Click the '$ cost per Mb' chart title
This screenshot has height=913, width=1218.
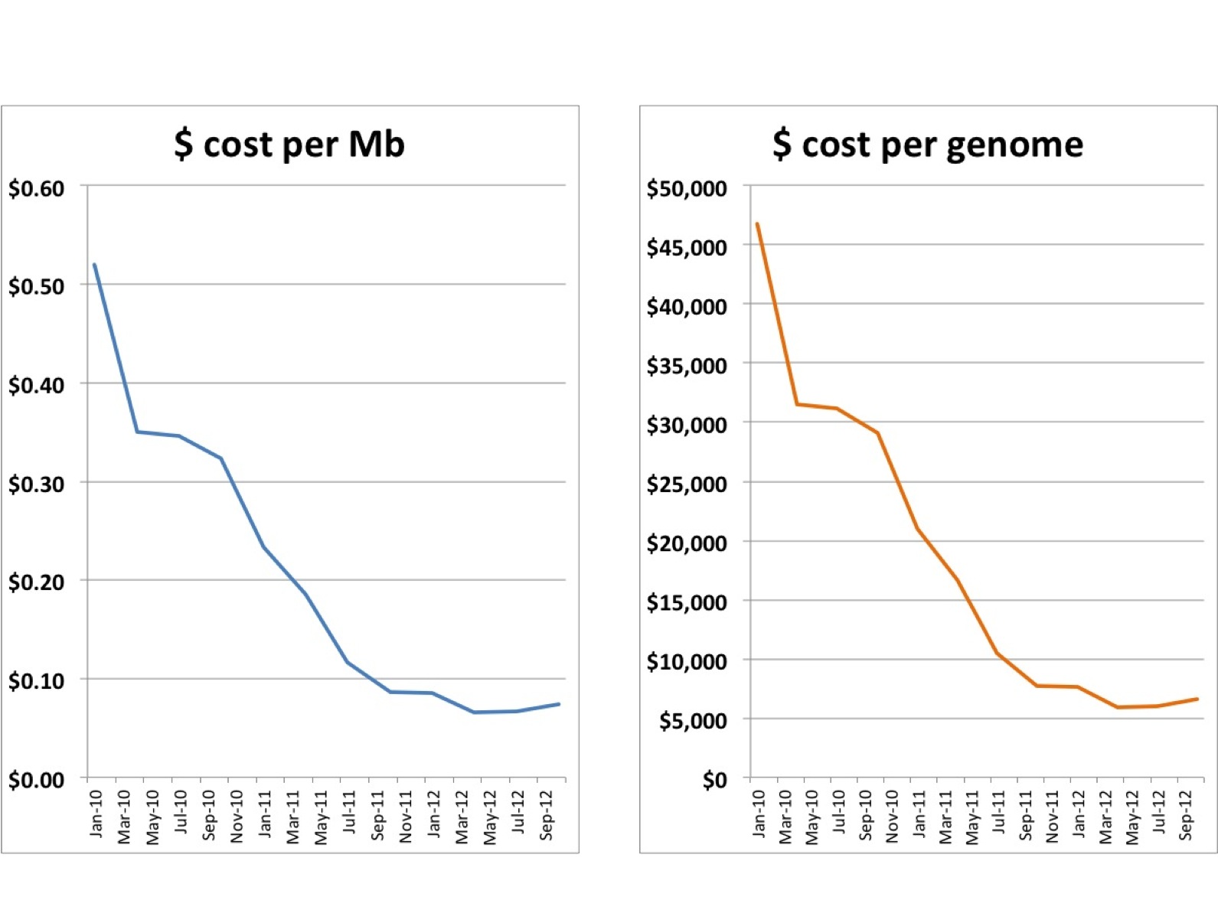point(289,144)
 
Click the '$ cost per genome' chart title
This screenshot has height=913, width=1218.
point(928,144)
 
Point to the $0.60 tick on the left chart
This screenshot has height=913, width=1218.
point(36,188)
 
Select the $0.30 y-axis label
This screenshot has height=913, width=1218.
point(36,484)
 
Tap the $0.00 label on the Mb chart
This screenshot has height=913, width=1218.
point(36,780)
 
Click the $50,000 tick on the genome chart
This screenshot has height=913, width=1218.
point(687,188)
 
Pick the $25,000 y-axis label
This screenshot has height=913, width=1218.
point(687,484)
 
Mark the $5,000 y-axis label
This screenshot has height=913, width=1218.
point(693,720)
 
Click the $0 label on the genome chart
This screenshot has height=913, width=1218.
point(714,780)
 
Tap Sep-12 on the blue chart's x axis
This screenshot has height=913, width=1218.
point(547,815)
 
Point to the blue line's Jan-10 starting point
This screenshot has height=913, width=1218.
point(94,265)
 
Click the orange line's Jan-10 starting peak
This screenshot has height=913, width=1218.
point(757,224)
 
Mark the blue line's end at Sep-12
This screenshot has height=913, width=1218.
point(559,704)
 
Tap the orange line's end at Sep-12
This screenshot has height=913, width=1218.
point(1197,699)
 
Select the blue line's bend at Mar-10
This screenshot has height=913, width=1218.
point(137,432)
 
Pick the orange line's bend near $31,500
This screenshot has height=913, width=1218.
point(798,404)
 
